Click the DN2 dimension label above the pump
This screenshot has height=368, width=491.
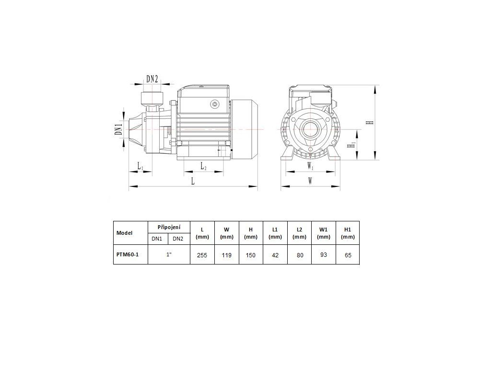point(152,79)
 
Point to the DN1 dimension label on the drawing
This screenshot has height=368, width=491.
point(118,129)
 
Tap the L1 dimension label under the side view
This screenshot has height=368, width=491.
point(140,166)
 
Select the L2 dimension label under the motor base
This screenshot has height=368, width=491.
point(203,166)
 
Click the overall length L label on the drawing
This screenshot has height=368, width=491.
point(193,181)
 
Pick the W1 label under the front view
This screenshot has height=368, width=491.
point(310,166)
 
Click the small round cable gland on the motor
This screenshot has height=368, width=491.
point(215,104)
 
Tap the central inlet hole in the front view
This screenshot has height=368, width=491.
point(311,128)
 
